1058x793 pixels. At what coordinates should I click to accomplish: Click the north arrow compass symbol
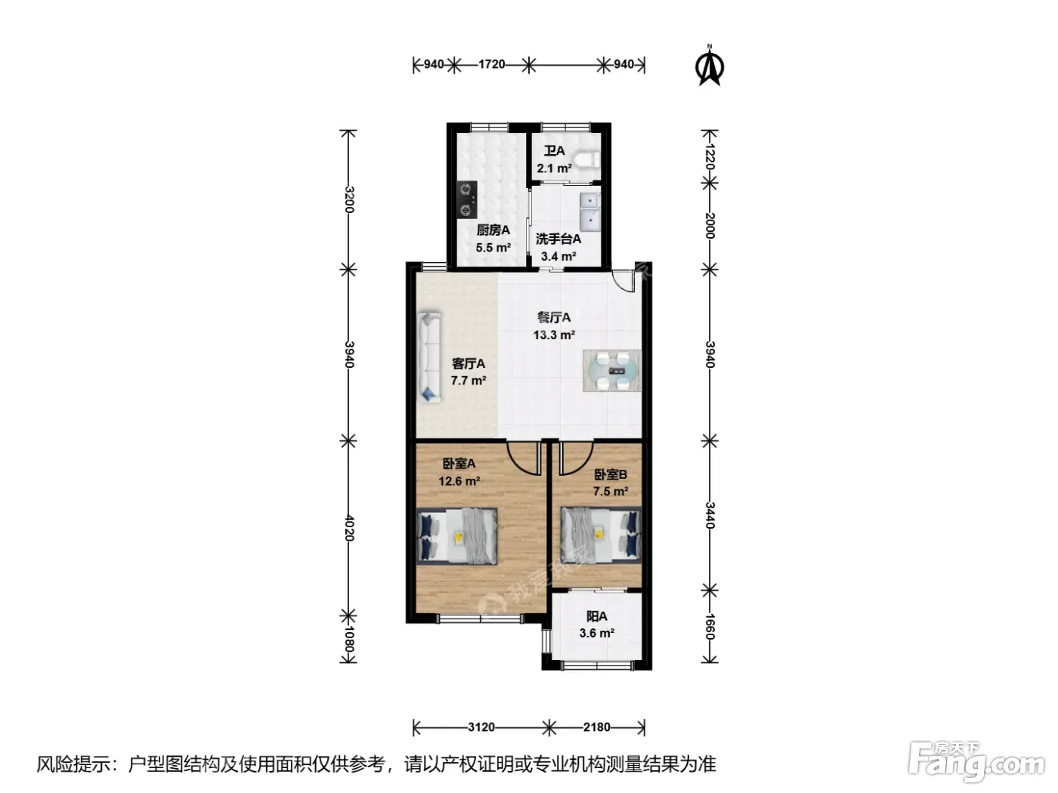point(710,66)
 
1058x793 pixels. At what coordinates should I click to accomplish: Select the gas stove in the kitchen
point(467,200)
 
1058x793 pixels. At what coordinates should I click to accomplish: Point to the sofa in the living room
point(429,356)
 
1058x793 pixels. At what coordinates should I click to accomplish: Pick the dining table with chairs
point(612,370)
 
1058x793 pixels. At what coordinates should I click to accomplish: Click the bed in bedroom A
point(457,535)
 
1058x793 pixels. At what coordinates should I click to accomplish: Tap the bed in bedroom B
point(601,535)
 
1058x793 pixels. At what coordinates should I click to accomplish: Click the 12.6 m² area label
point(459,481)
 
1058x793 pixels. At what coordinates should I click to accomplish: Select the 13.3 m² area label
point(554,335)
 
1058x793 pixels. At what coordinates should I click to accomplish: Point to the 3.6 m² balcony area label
point(597,633)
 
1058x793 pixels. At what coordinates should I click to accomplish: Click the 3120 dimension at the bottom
point(481,727)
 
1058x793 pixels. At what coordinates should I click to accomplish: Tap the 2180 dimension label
point(597,727)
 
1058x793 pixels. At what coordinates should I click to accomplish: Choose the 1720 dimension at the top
point(492,64)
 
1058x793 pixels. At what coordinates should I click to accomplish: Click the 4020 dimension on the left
point(349,528)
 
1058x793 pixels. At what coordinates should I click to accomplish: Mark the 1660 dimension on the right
point(710,626)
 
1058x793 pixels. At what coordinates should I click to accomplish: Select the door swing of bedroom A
point(523,458)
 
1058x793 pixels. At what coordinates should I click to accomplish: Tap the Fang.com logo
point(976,763)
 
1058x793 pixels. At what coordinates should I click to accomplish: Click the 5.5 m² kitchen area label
point(493,248)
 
